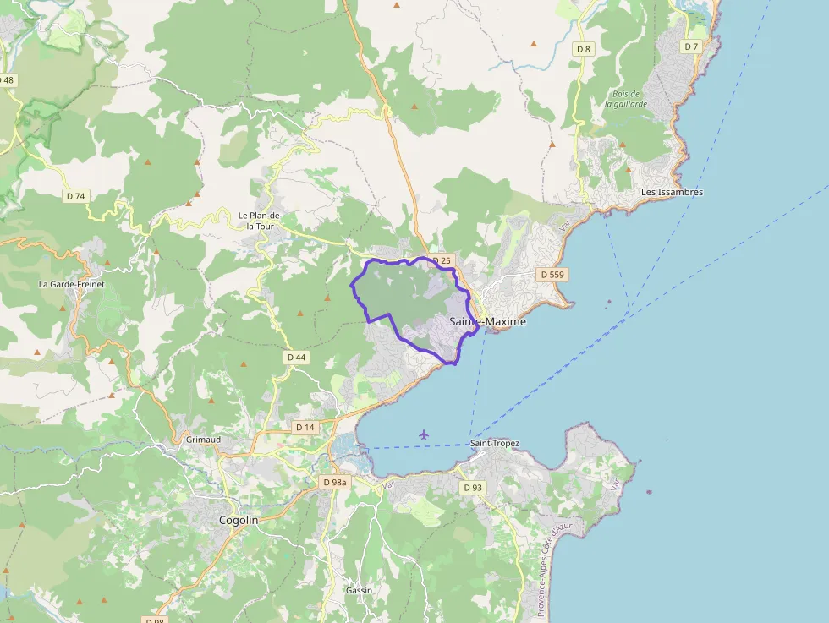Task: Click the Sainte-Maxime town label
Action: coord(487,322)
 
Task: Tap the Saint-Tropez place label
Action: coord(495,443)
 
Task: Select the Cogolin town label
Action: coord(239,521)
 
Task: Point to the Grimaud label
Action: coord(203,440)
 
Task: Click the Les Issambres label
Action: coord(672,192)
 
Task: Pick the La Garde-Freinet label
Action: coord(71,284)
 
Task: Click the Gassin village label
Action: coord(359,590)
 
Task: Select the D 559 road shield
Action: coord(552,275)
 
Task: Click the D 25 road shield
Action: coord(440,260)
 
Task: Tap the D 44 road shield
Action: coord(296,358)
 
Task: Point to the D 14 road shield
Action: coord(305,428)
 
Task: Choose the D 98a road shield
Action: coord(335,482)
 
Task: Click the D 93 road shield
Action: coord(473,488)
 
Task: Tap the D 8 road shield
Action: coord(584,49)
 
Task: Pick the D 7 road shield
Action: coord(691,46)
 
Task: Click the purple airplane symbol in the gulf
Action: coord(424,434)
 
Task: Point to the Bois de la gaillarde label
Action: coord(626,99)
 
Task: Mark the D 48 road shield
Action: coord(8,80)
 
